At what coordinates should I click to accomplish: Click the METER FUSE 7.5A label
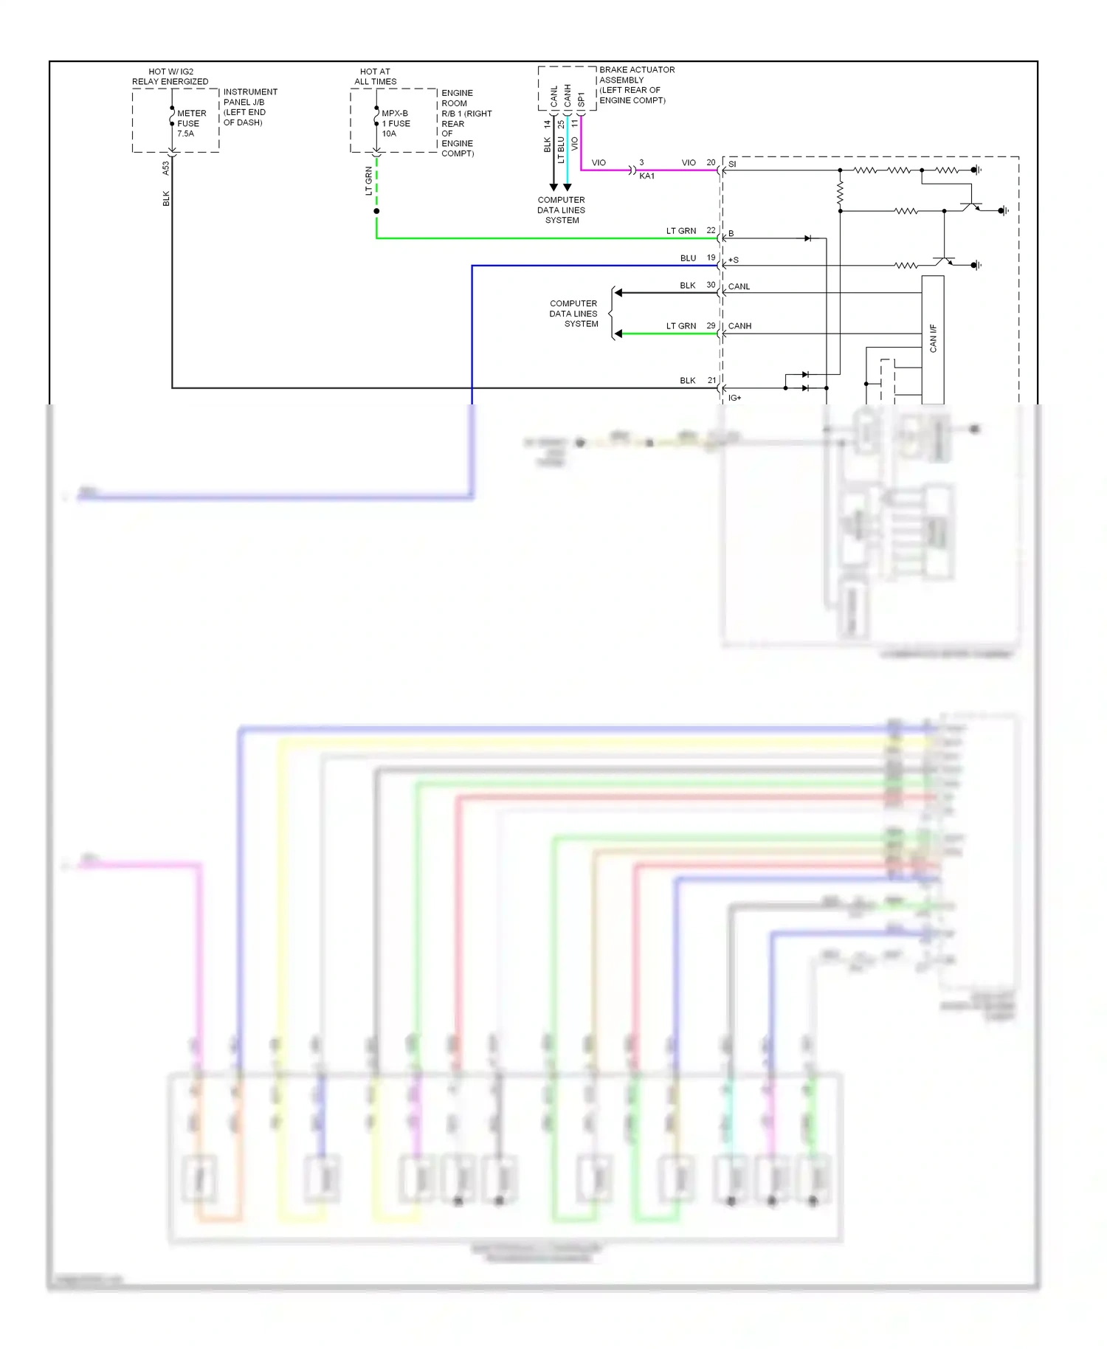coord(190,123)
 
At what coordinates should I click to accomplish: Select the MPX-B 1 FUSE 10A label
coord(396,123)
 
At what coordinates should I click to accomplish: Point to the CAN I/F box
coord(933,339)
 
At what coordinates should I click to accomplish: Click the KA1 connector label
coord(646,176)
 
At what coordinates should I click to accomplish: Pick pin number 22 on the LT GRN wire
coord(711,230)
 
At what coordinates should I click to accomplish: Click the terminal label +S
coord(734,260)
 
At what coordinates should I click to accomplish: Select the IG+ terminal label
coord(734,398)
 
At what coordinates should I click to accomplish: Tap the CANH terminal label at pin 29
coord(739,325)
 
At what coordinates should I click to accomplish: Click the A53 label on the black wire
coord(166,168)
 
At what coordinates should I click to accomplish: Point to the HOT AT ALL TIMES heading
coord(375,77)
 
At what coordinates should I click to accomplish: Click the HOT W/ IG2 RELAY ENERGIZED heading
coord(170,77)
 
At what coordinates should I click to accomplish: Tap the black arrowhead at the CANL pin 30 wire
coord(618,293)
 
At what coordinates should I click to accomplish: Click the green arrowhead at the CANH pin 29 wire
coord(618,334)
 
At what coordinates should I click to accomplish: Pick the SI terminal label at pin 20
coord(732,164)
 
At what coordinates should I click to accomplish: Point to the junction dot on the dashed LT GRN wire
coord(376,211)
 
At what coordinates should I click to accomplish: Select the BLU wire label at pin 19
coord(688,258)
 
